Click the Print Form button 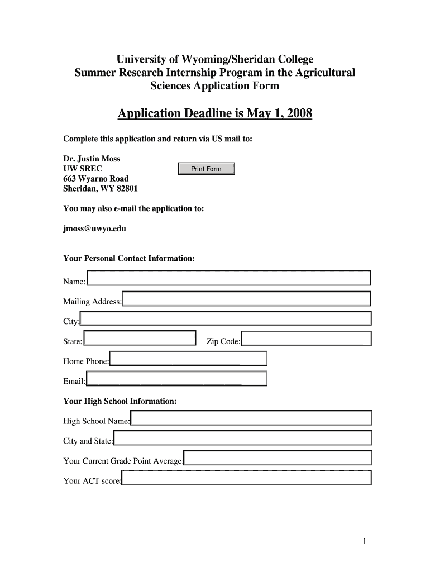206,169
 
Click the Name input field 228,278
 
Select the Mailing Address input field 246,298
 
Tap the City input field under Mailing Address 226,318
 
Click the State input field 140,338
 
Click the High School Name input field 251,418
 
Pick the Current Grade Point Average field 278,458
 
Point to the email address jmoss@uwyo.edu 90,228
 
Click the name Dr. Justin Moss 92,159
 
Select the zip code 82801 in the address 126,189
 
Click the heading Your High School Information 120,401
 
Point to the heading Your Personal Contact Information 129,259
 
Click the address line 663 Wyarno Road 96,179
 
